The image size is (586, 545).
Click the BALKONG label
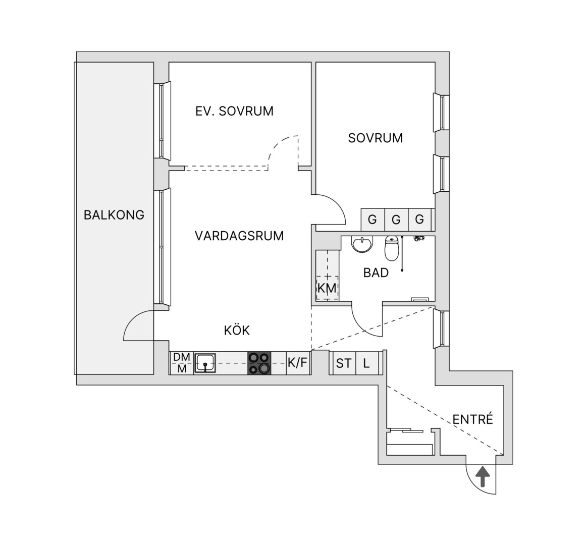click(x=114, y=215)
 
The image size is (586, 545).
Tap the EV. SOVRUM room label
click(x=234, y=111)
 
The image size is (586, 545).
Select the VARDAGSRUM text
click(x=239, y=236)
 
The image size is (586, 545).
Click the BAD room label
click(x=376, y=272)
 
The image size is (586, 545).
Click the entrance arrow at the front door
click(x=482, y=476)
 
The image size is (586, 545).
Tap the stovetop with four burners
click(x=259, y=363)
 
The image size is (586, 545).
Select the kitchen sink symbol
click(x=204, y=363)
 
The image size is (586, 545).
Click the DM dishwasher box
click(x=182, y=357)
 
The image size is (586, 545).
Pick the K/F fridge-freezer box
click(x=298, y=363)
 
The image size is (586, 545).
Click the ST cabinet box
click(x=344, y=363)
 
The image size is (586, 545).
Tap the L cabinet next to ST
click(x=366, y=363)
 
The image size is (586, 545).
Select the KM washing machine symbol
click(x=327, y=288)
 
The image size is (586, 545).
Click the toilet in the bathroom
click(x=392, y=248)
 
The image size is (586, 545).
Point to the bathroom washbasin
click(x=362, y=244)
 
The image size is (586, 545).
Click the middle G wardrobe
click(x=396, y=220)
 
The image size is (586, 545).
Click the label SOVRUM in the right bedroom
click(x=376, y=138)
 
